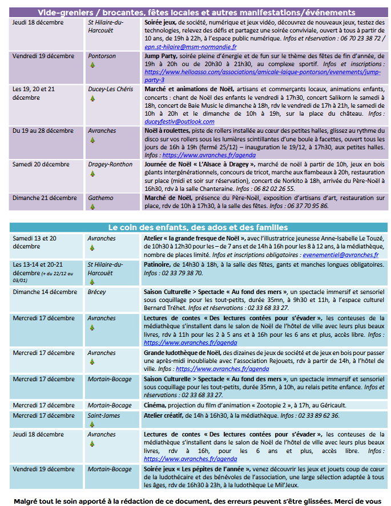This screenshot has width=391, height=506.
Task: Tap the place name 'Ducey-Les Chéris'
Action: point(110,89)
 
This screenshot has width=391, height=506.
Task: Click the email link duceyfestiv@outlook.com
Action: point(171,121)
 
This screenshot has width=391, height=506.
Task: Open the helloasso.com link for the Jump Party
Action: point(262,73)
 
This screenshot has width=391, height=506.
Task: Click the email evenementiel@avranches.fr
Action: point(340,255)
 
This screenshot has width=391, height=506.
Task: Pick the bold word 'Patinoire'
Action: point(157,265)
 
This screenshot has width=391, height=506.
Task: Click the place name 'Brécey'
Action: point(98,292)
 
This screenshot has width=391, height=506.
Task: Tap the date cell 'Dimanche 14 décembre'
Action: point(45,292)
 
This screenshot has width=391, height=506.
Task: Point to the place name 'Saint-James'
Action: point(104,415)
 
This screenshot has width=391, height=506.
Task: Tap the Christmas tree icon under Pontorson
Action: point(92,65)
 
